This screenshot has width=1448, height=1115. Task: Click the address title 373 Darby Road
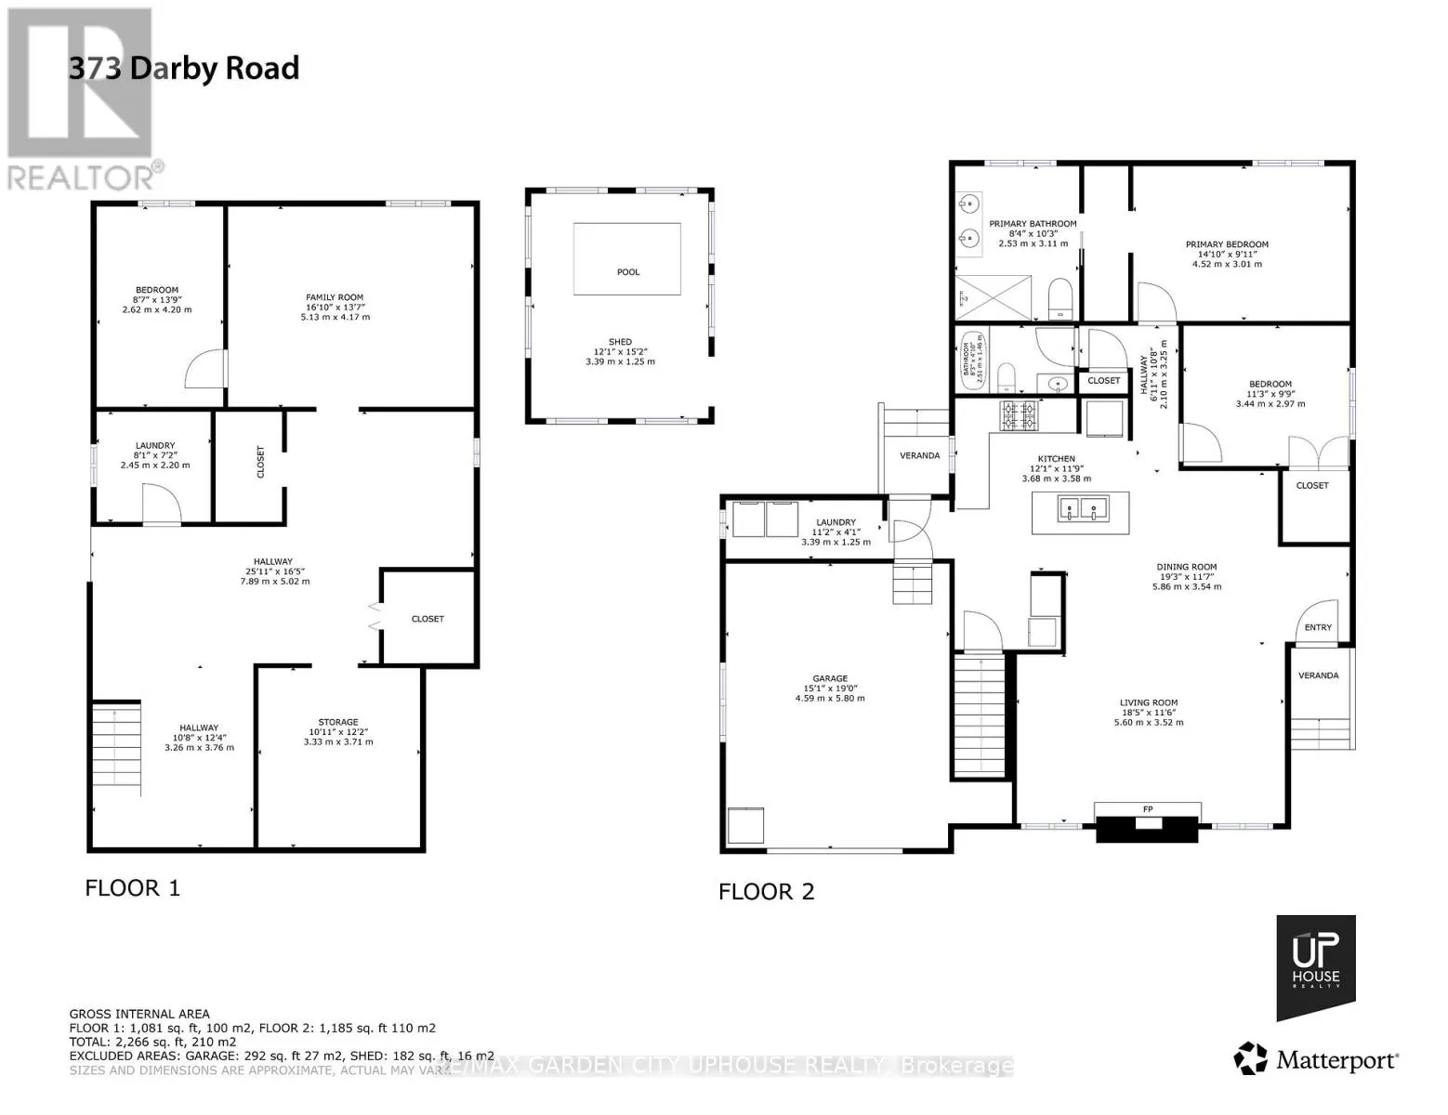click(184, 69)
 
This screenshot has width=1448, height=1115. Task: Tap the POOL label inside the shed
click(628, 272)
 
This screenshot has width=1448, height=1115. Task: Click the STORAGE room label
click(337, 722)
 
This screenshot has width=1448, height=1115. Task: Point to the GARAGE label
click(829, 679)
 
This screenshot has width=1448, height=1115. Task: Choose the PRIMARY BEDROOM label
click(1226, 245)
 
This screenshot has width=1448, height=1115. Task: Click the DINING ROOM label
click(1186, 567)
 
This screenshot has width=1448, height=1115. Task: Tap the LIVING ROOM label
click(1148, 703)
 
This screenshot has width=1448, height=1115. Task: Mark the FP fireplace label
click(1148, 809)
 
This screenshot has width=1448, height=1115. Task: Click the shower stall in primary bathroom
click(994, 298)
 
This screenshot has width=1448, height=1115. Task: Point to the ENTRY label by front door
click(1317, 627)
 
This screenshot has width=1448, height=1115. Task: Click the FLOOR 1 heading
click(132, 888)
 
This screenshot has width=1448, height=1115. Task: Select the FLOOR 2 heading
click(766, 892)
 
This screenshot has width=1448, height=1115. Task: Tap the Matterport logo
click(1316, 1059)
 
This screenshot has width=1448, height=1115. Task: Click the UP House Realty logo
click(1315, 966)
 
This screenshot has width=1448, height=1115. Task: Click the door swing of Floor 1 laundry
click(161, 505)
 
